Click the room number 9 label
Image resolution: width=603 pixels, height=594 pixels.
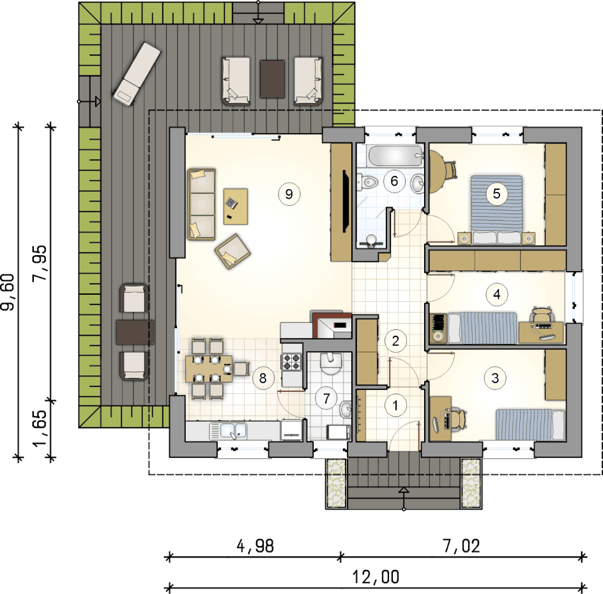click(x=289, y=194)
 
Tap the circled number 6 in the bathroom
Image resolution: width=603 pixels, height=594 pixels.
click(x=394, y=181)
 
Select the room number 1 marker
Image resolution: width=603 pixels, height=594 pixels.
click(x=395, y=405)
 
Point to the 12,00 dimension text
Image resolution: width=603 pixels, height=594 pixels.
click(x=376, y=577)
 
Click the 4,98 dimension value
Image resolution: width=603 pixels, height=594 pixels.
click(x=256, y=546)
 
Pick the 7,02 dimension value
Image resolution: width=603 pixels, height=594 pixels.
click(x=461, y=546)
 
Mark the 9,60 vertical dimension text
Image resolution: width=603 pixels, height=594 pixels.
click(x=8, y=292)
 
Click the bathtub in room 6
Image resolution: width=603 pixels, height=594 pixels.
click(x=395, y=156)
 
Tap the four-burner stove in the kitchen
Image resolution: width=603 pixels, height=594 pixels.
click(x=292, y=362)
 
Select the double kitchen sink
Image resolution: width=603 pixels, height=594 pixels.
click(x=229, y=431)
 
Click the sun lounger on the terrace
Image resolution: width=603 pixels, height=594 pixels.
click(x=137, y=74)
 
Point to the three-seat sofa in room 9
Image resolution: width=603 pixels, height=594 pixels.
click(x=201, y=204)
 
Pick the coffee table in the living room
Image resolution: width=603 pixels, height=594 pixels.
click(x=236, y=207)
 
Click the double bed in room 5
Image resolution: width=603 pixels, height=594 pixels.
click(x=496, y=210)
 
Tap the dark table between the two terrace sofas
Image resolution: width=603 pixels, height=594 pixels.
click(x=272, y=79)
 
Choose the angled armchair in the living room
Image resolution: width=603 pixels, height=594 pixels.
click(x=233, y=251)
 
